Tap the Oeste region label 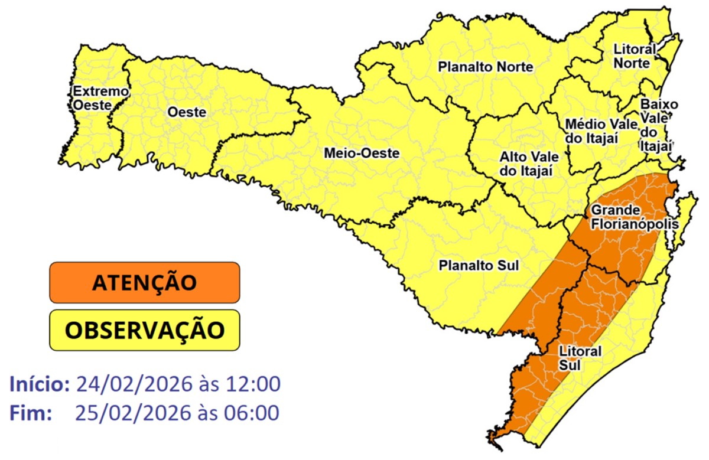click(x=187, y=112)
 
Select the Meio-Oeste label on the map click(x=362, y=154)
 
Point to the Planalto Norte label click(x=485, y=67)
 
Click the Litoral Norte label click(x=635, y=56)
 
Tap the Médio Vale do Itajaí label click(x=601, y=131)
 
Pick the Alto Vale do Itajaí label click(x=526, y=164)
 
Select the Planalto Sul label click(x=478, y=266)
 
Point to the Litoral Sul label click(x=580, y=358)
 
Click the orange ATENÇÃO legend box click(x=145, y=282)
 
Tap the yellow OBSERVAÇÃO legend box click(x=145, y=330)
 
